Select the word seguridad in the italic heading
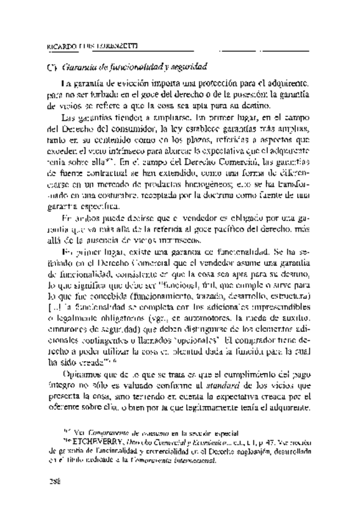[x=187, y=65]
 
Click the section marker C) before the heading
[x=53, y=65]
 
